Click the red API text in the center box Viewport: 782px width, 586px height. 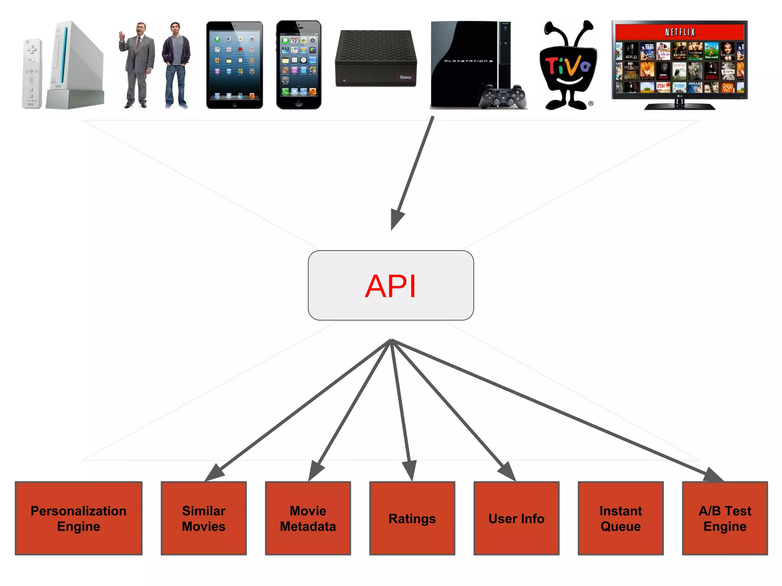click(390, 287)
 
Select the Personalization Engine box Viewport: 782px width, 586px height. click(79, 518)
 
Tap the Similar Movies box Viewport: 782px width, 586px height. click(204, 518)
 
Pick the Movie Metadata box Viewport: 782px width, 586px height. click(308, 518)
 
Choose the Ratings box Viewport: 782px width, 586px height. click(412, 518)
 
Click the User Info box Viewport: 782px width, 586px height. click(516, 518)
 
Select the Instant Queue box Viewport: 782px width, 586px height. click(620, 518)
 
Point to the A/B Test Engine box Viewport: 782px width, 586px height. click(725, 518)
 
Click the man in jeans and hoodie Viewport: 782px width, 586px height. click(176, 65)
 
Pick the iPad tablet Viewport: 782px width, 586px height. click(234, 65)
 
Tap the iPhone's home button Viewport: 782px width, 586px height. click(299, 103)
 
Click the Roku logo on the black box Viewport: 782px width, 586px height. click(405, 77)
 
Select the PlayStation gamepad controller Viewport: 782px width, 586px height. click(503, 98)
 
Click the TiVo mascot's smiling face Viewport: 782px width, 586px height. click(568, 71)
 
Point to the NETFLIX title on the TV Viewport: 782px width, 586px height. click(680, 32)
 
